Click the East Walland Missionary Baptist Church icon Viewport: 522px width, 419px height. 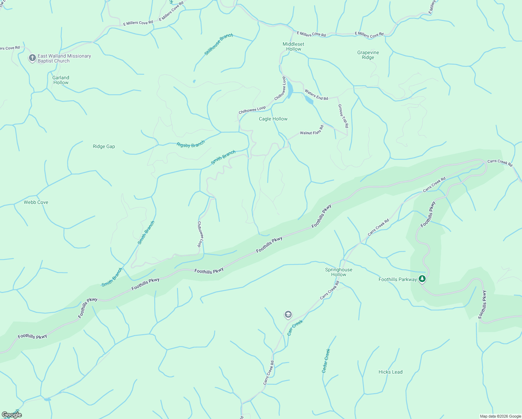(32, 58)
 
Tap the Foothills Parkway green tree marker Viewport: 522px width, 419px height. (422, 279)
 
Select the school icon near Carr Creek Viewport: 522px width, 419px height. (288, 315)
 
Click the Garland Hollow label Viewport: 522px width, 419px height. (61, 80)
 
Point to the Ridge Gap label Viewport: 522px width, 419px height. (104, 146)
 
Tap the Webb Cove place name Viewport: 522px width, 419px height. (36, 202)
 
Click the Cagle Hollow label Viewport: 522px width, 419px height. (273, 119)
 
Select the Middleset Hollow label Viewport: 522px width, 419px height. (293, 46)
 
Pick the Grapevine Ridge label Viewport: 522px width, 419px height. (368, 55)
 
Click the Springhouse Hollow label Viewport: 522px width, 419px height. (338, 272)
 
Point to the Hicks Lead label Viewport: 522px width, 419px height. (390, 372)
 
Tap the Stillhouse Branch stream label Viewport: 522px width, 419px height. (219, 44)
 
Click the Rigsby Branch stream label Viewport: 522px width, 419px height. (191, 144)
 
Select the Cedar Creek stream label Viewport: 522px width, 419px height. (326, 361)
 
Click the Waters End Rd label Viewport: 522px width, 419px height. (316, 95)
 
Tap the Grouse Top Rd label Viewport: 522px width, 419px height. (343, 116)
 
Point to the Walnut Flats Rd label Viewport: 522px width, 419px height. (312, 130)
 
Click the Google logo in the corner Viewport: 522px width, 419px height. (12, 414)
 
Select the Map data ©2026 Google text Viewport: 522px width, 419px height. (500, 416)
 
